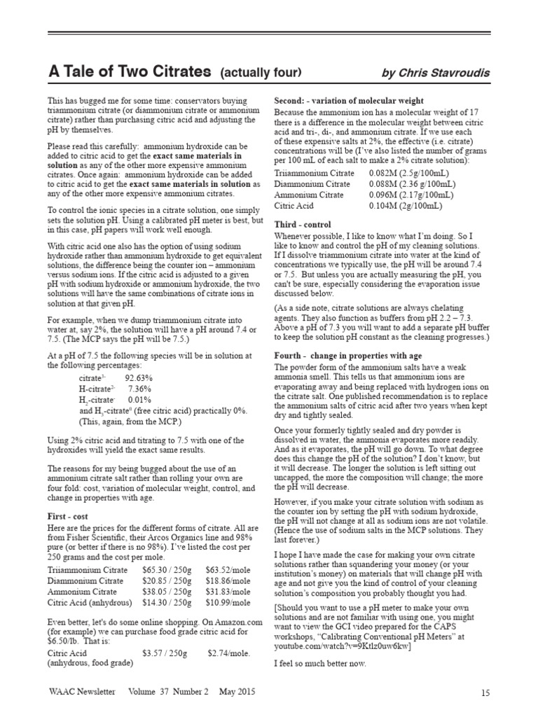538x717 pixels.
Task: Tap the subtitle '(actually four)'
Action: tap(261, 72)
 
